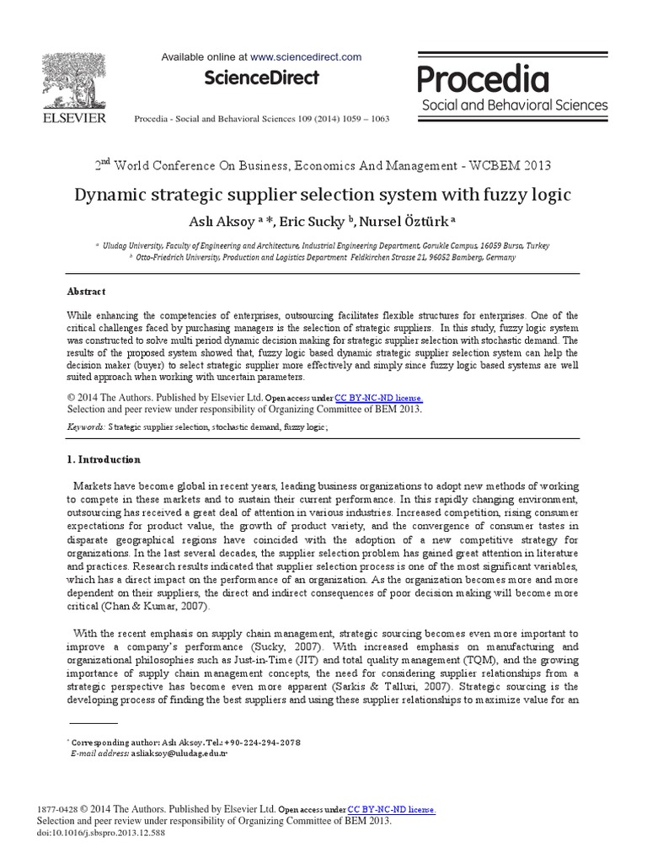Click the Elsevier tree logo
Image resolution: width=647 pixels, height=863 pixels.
[74, 81]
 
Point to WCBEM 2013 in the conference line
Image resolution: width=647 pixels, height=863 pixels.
[504, 165]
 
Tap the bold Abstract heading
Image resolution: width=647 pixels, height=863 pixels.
[86, 292]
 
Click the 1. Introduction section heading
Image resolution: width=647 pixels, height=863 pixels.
[104, 460]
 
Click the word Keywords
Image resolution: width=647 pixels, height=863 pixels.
[86, 428]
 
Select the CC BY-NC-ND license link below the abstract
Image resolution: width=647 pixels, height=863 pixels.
[378, 398]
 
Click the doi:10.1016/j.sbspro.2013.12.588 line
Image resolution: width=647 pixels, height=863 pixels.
[99, 831]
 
